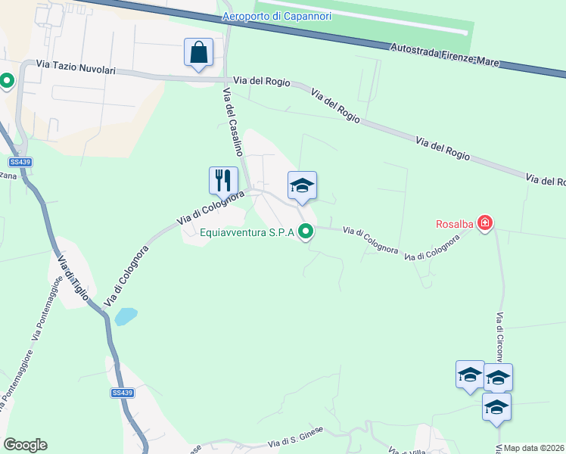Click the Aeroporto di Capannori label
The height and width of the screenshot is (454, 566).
point(277,16)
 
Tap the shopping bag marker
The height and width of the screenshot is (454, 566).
point(198,53)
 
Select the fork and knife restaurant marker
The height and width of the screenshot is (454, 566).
point(223,180)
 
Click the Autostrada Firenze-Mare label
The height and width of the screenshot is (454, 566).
point(444,55)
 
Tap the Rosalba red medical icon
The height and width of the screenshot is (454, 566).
point(485,223)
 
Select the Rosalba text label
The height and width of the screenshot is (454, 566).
point(454,223)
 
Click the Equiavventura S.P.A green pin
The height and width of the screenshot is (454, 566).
point(306,233)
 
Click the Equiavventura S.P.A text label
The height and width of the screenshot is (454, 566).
point(247,233)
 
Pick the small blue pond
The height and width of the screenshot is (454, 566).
point(126,316)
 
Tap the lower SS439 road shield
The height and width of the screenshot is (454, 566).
point(122,393)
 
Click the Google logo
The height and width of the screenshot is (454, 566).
point(25,445)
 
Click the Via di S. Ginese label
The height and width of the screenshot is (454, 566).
point(297,436)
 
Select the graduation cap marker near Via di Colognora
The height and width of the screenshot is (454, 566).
point(302,185)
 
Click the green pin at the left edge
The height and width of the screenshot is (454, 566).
point(7,80)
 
